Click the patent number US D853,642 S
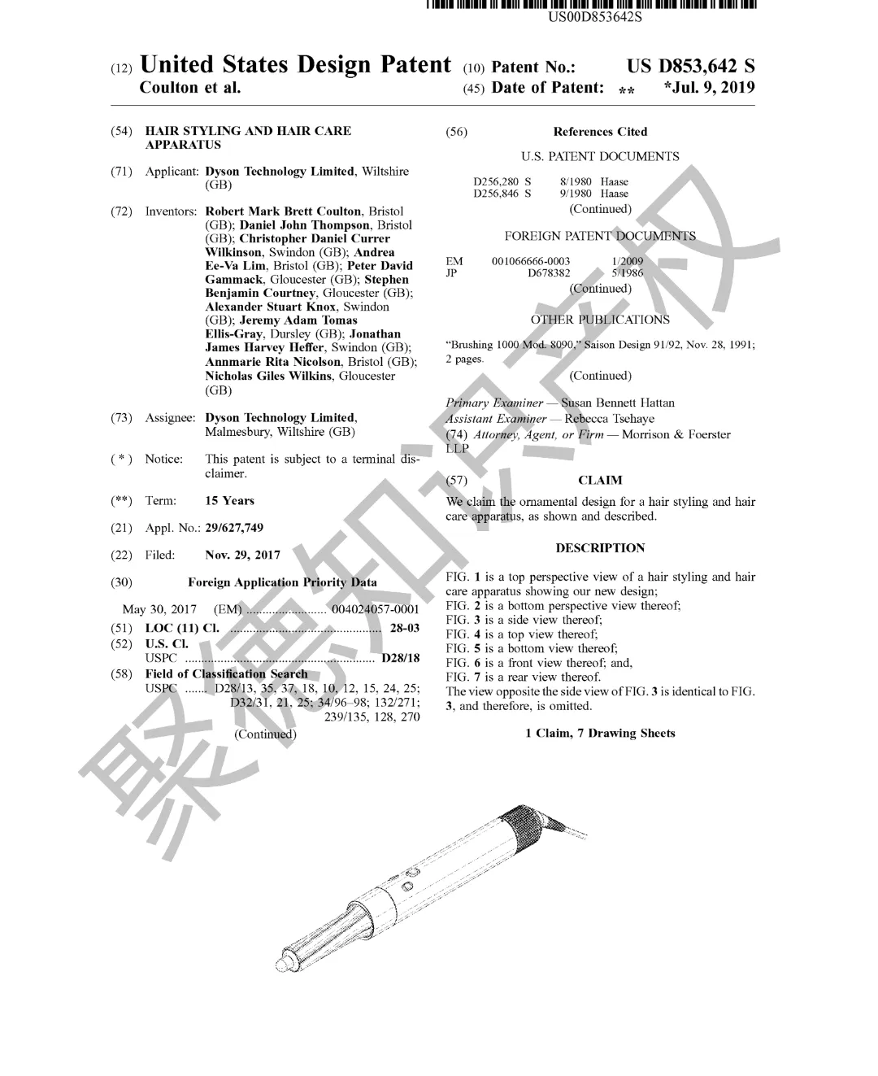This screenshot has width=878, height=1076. click(x=690, y=67)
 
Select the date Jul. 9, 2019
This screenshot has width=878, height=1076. click(x=713, y=87)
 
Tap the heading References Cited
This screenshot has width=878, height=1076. click(x=600, y=132)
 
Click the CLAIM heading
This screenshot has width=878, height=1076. click(x=600, y=480)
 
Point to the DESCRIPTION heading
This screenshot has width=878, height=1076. click(x=600, y=548)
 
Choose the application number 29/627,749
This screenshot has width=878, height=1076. click(x=234, y=528)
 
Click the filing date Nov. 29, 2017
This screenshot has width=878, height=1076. click(x=243, y=555)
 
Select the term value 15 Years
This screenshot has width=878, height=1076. click(x=229, y=500)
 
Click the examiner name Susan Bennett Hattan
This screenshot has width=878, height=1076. click(x=618, y=403)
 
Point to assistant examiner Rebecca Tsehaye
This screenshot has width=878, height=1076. click(x=609, y=419)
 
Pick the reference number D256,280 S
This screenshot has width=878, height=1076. click(x=502, y=181)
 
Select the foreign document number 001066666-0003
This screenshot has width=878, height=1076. click(x=531, y=261)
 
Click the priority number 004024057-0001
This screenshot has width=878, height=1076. click(x=376, y=609)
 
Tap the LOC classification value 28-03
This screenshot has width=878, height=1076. click(x=405, y=628)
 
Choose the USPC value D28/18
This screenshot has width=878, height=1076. click(x=401, y=658)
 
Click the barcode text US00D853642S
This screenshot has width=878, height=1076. click(x=594, y=17)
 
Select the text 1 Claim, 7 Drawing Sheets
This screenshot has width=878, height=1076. click(x=600, y=733)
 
